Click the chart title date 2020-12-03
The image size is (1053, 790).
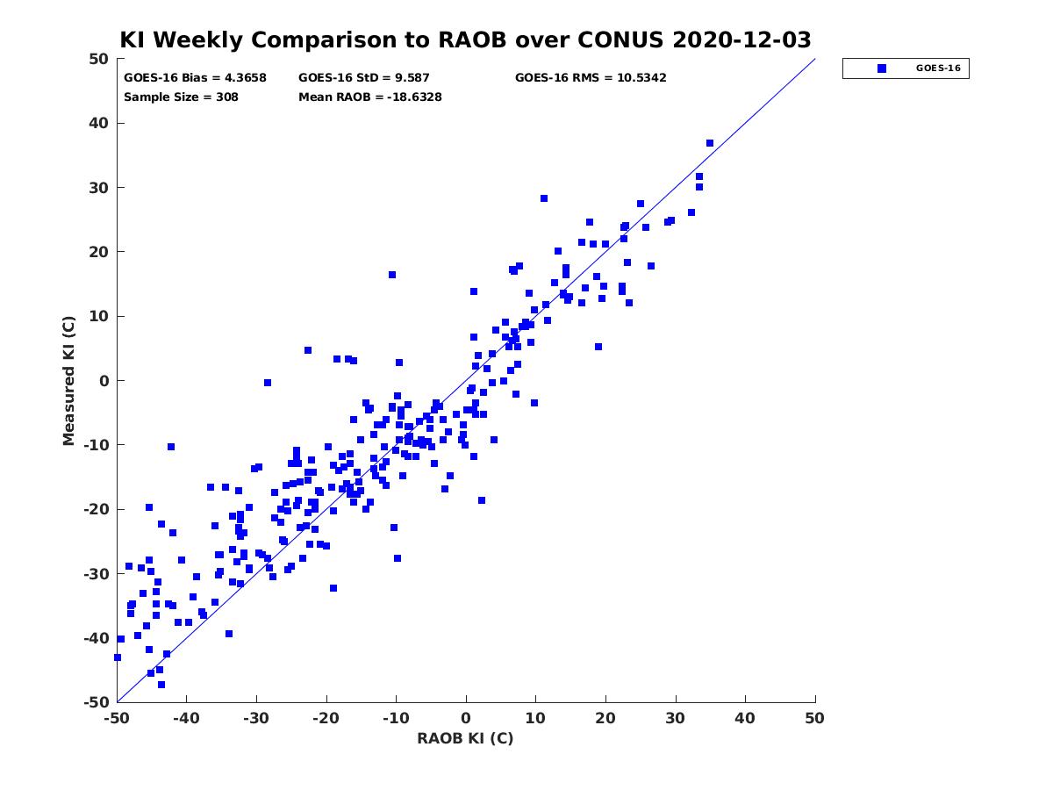point(741,39)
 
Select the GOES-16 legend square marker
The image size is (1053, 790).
point(882,68)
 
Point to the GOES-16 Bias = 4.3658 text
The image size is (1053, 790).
point(195,78)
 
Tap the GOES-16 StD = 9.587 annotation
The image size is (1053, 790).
point(363,78)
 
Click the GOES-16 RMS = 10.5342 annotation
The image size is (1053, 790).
point(591,78)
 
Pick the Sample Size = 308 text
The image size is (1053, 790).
point(181,97)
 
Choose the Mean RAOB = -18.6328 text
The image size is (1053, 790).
point(370,97)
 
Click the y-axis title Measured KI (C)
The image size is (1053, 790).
point(68,381)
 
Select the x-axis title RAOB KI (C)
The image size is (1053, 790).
point(465,739)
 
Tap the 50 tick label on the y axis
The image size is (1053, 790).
point(99,59)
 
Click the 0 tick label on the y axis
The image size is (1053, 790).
point(104,381)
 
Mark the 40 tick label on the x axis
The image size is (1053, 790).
point(745,718)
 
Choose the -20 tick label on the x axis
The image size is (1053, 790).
point(326,718)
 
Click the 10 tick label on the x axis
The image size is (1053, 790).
point(535,718)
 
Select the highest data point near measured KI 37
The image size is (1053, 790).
point(710,143)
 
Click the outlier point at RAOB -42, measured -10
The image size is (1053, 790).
point(171,447)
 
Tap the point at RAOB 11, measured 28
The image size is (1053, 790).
point(544,198)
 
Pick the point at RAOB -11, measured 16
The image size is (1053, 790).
point(392,275)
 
